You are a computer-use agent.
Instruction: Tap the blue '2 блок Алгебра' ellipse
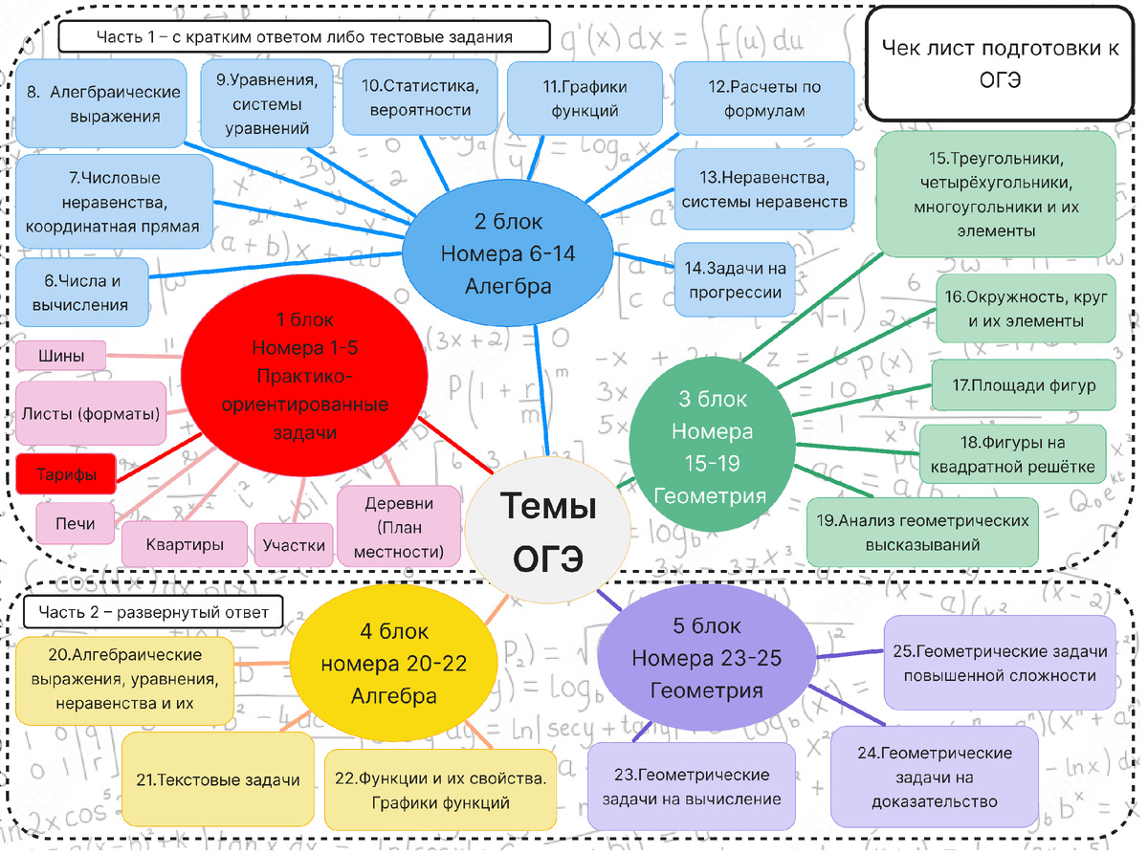click(507, 253)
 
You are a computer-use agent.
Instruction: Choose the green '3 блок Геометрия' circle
click(712, 447)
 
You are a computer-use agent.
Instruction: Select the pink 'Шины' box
click(61, 356)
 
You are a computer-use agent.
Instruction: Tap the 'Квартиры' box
click(185, 544)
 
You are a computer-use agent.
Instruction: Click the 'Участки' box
click(294, 545)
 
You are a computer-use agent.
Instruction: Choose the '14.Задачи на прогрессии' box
click(735, 280)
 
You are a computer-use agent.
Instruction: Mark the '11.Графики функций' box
click(585, 99)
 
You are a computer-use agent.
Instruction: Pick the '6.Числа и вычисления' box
click(82, 293)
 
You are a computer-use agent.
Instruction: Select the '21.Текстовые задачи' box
click(217, 779)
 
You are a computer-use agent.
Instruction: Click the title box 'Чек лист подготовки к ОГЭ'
click(999, 64)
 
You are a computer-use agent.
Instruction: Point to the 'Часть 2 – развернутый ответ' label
click(153, 611)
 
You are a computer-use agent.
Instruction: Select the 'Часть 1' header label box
click(304, 37)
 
